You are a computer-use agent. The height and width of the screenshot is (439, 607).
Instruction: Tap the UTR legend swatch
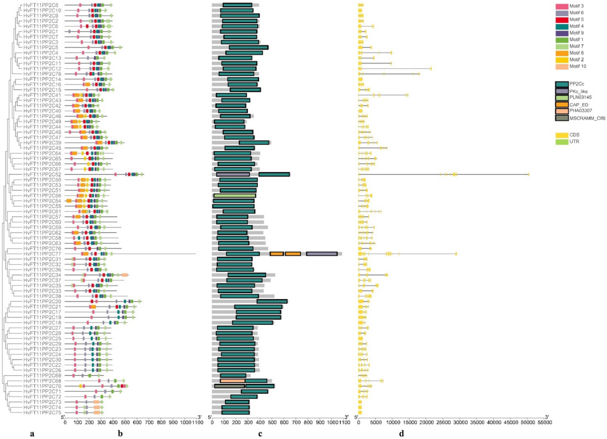pyautogui.click(x=562, y=142)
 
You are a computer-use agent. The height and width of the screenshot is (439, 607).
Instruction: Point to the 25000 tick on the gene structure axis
pyautogui.click(x=443, y=422)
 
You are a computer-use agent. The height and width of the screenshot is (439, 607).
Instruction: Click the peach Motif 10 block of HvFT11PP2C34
pyautogui.click(x=124, y=275)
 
